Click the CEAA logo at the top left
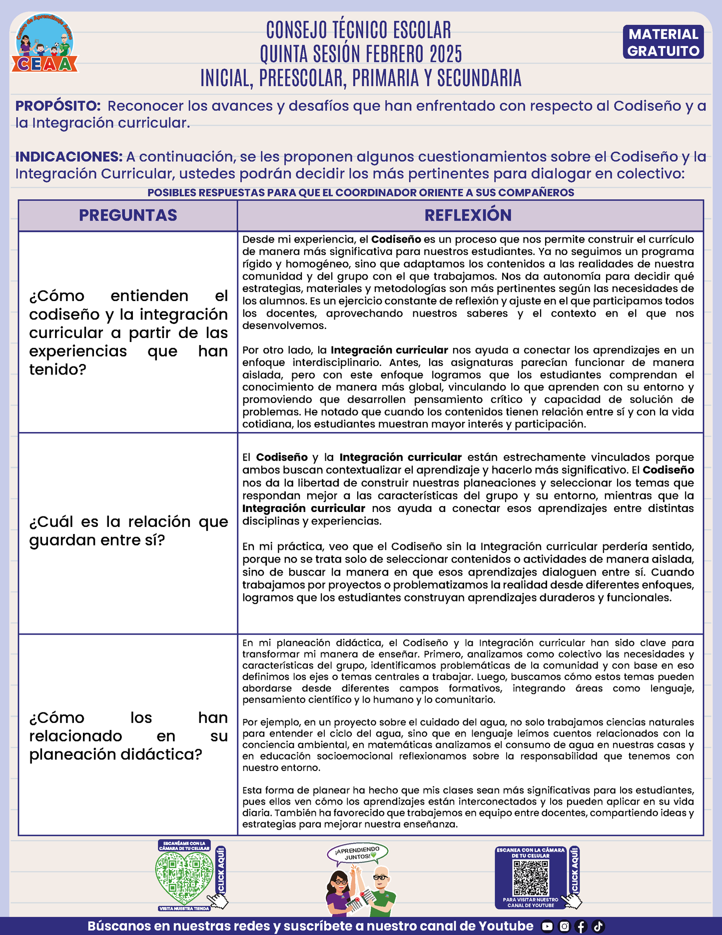pyautogui.click(x=45, y=44)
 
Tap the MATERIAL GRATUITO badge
pyautogui.click(x=663, y=42)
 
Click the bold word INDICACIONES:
pyautogui.click(x=69, y=156)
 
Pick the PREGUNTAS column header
pyautogui.click(x=128, y=215)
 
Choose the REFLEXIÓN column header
pyautogui.click(x=468, y=215)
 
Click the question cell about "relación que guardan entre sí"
pyautogui.click(x=128, y=531)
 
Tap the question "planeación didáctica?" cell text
pyautogui.click(x=128, y=735)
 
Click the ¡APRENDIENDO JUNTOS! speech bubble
pyautogui.click(x=357, y=853)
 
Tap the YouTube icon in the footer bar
pyautogui.click(x=548, y=926)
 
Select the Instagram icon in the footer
pyautogui.click(x=564, y=926)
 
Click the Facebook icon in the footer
pyautogui.click(x=581, y=926)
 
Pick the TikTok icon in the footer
pyautogui.click(x=598, y=926)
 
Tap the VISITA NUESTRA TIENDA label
pyautogui.click(x=184, y=908)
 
